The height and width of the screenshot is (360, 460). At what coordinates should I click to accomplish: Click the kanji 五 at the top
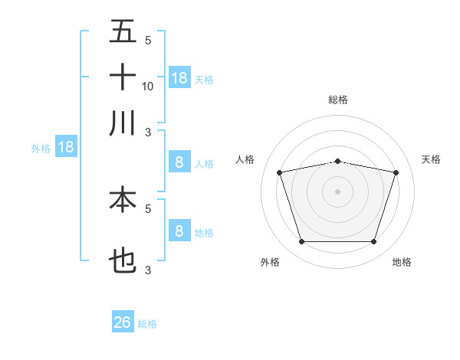tap(123, 32)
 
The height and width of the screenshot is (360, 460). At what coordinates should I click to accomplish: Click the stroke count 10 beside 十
tap(148, 86)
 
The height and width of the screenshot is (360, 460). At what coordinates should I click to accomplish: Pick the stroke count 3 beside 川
tap(148, 132)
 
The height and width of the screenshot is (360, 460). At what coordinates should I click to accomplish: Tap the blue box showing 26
tap(123, 322)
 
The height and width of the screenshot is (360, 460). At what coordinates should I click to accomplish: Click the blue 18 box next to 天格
tap(179, 78)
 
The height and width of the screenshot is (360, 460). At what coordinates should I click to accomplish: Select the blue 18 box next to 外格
tap(66, 147)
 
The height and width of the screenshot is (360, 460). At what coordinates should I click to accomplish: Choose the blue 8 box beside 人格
tap(179, 162)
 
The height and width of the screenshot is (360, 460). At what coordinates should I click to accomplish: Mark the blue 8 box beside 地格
tap(179, 231)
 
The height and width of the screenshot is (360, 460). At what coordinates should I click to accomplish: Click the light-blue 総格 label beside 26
tap(147, 324)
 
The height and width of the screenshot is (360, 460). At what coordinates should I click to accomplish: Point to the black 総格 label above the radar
tap(337, 100)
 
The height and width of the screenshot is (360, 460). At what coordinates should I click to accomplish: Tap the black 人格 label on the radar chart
tap(245, 159)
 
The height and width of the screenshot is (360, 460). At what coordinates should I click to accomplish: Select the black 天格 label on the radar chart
tap(431, 159)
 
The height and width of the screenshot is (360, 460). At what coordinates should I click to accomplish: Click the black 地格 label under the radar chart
tap(402, 262)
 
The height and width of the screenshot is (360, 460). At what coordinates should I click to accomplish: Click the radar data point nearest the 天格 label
tap(396, 172)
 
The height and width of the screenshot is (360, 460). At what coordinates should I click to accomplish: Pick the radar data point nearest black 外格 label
tap(301, 242)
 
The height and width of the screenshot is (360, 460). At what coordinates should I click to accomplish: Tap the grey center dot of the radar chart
tap(337, 191)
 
